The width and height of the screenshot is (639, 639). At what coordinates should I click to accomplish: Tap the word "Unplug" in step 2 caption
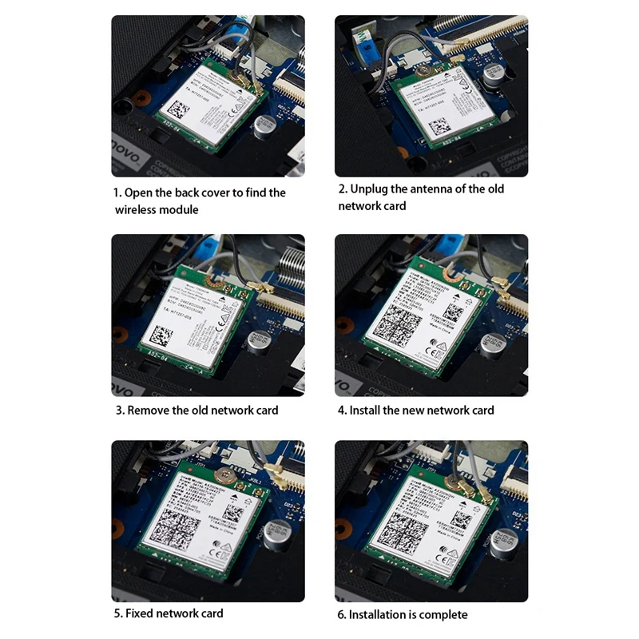(x=370, y=189)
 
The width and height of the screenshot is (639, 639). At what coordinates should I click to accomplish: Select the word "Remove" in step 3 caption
(x=151, y=410)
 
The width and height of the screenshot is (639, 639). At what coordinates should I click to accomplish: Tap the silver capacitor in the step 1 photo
(x=264, y=125)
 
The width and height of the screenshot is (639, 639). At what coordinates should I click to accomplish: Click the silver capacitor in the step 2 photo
(x=491, y=75)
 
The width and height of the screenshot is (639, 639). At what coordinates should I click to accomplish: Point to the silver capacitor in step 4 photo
(x=491, y=343)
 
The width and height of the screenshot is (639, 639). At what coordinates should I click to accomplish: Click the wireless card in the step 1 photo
(x=206, y=108)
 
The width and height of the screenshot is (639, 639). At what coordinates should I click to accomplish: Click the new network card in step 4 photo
(x=423, y=316)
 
